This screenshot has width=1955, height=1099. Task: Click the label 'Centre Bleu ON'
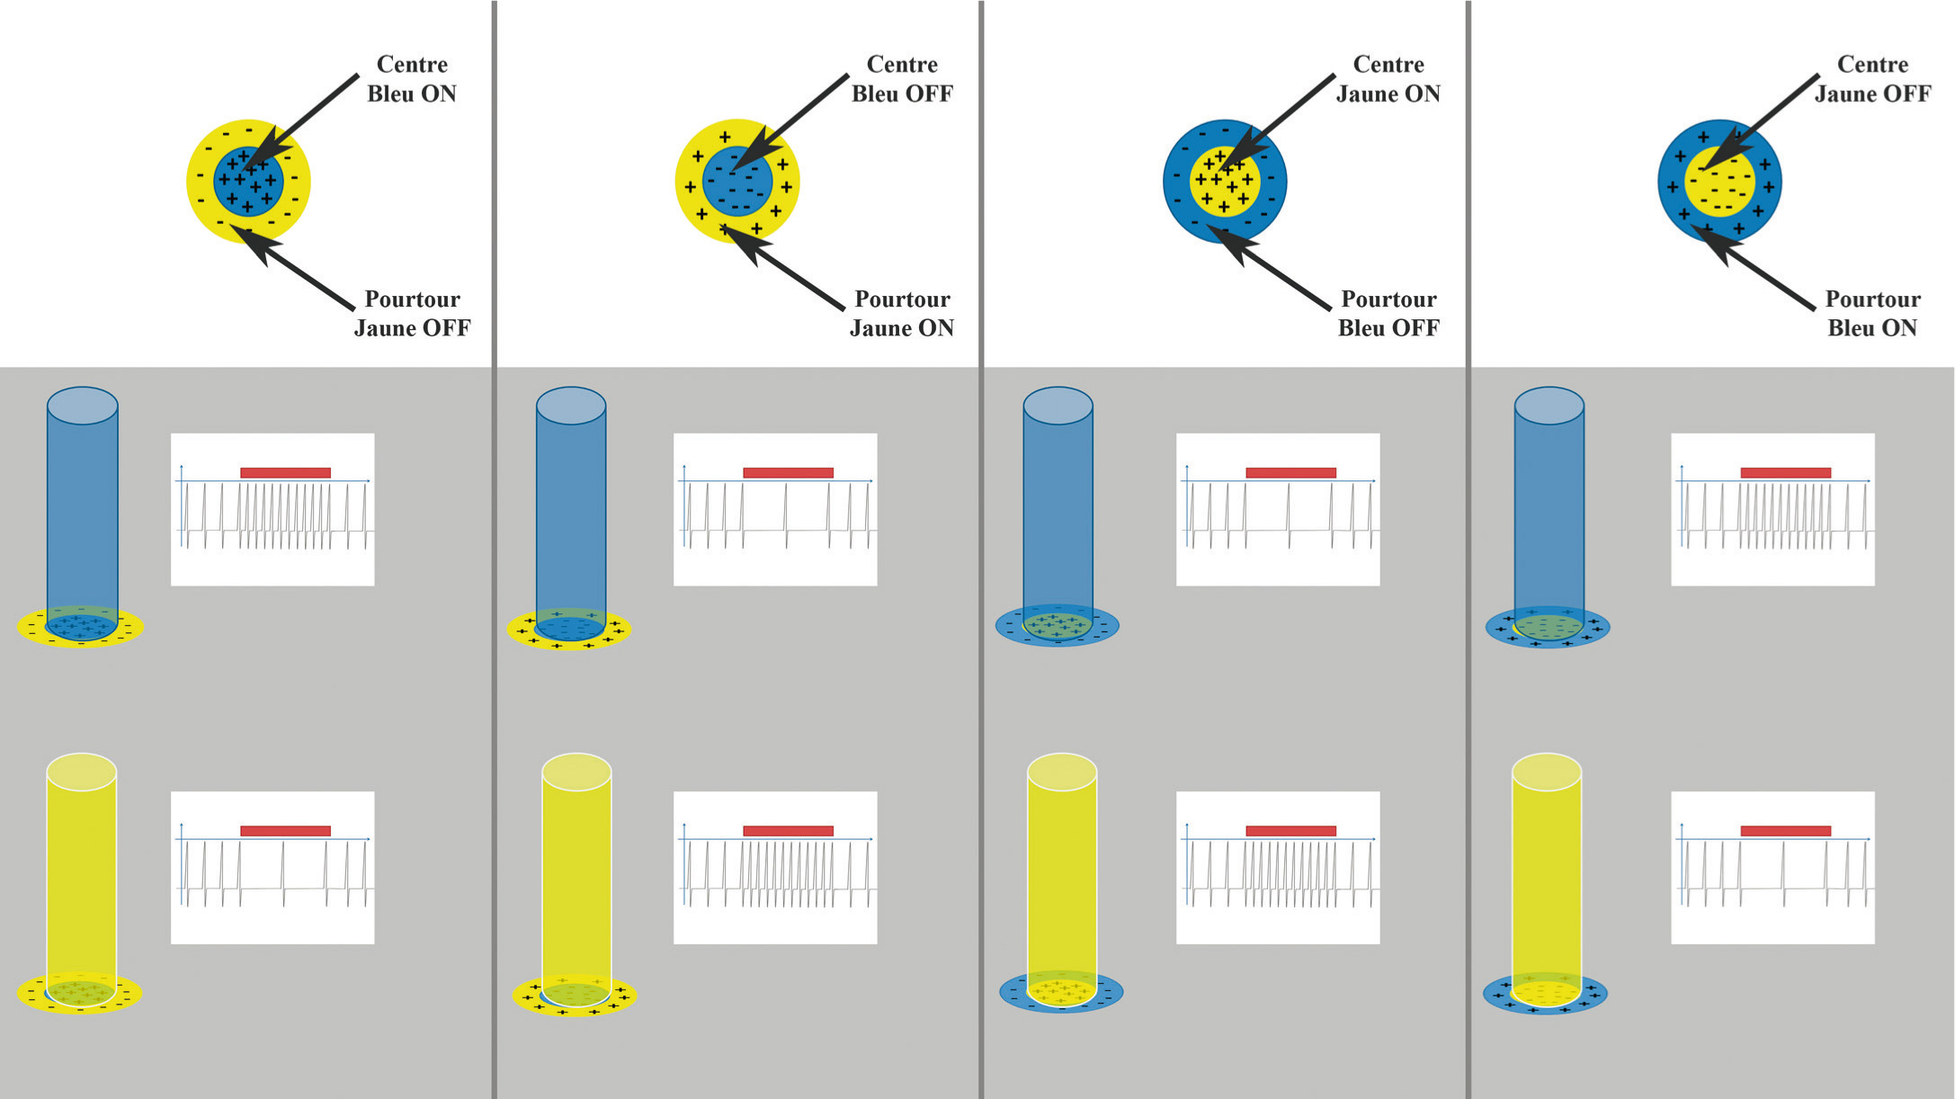(x=412, y=79)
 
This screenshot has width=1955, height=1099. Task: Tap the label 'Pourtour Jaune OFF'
(x=412, y=313)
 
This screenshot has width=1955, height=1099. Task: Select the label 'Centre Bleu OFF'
(x=902, y=79)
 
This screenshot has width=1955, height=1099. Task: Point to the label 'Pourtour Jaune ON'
(x=902, y=313)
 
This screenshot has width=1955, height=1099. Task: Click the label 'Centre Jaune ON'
(x=1388, y=79)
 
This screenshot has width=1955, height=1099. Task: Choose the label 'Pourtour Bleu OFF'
(x=1388, y=313)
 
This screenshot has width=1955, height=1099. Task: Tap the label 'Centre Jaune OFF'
(x=1872, y=79)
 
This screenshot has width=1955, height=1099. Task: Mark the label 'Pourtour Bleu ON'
(x=1872, y=313)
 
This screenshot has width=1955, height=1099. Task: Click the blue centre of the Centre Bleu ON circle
(x=248, y=182)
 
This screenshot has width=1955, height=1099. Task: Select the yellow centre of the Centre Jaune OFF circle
(x=1719, y=182)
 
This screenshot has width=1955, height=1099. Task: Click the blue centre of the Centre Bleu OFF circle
(x=737, y=182)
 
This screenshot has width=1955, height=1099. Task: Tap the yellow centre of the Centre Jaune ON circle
(x=1225, y=182)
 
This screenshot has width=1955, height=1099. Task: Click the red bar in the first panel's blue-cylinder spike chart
(x=285, y=473)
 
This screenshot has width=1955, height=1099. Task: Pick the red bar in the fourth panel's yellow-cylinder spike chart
(x=1785, y=831)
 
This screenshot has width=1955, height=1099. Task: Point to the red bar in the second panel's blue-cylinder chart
(x=788, y=473)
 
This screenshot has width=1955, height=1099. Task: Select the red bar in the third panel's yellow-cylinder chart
(x=1290, y=831)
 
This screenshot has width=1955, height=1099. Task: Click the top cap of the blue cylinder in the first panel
(x=82, y=406)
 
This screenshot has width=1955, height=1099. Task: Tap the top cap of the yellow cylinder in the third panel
(x=1061, y=772)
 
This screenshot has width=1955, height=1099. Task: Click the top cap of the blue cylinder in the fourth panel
(x=1549, y=406)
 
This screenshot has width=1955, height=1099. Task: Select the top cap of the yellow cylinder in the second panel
(x=576, y=772)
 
